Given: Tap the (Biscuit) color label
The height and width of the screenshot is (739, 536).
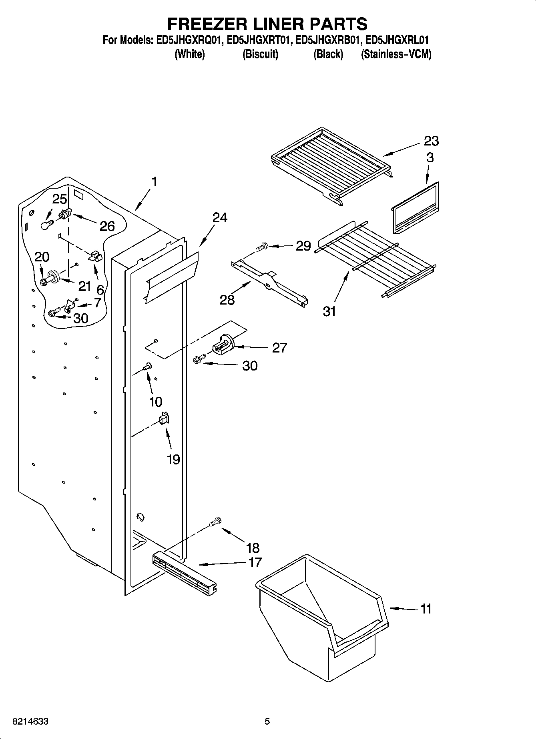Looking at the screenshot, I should pyautogui.click(x=260, y=54).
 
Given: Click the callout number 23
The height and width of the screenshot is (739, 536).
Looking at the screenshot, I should pyautogui.click(x=431, y=141).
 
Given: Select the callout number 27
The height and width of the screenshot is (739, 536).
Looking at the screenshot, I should pyautogui.click(x=279, y=348).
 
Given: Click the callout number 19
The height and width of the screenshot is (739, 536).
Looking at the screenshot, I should pyautogui.click(x=173, y=460).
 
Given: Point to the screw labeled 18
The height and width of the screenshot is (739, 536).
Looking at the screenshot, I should pyautogui.click(x=215, y=522).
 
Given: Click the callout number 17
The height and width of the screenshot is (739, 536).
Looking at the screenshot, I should pyautogui.click(x=255, y=562).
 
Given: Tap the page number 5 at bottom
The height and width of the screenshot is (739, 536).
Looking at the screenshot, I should pyautogui.click(x=267, y=721).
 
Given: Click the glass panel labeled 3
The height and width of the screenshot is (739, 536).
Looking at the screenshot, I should pyautogui.click(x=414, y=209).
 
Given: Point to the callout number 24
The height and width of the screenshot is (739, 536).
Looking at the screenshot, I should pyautogui.click(x=219, y=218).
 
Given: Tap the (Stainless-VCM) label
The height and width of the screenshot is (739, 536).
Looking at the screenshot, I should pyautogui.click(x=396, y=54).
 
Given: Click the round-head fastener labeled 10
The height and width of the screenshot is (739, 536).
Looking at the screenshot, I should pyautogui.click(x=148, y=365).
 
